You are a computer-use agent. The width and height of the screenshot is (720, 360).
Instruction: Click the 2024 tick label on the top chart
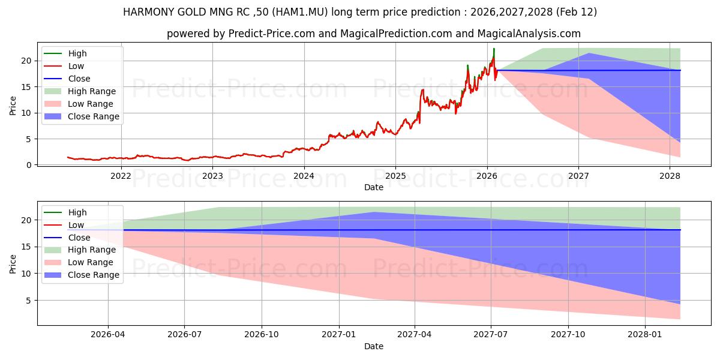click(304, 176)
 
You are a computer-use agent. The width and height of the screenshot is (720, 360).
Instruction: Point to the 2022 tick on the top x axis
click(121, 176)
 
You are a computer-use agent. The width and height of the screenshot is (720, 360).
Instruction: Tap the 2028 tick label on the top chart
click(670, 176)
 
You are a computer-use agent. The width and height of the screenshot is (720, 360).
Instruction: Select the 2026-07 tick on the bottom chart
click(184, 335)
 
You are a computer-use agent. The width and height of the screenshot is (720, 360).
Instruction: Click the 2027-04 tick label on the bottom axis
click(415, 335)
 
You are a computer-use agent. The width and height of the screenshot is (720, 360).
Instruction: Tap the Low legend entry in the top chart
click(76, 66)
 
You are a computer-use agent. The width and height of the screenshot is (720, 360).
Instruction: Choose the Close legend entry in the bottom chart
click(79, 238)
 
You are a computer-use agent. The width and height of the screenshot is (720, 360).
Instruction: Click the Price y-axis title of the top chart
click(13, 106)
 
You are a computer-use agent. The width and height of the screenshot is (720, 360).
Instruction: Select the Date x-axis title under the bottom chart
click(374, 346)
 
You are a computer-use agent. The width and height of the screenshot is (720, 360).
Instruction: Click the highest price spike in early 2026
click(494, 49)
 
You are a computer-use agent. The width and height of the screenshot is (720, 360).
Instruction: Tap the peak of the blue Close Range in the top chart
click(589, 53)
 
